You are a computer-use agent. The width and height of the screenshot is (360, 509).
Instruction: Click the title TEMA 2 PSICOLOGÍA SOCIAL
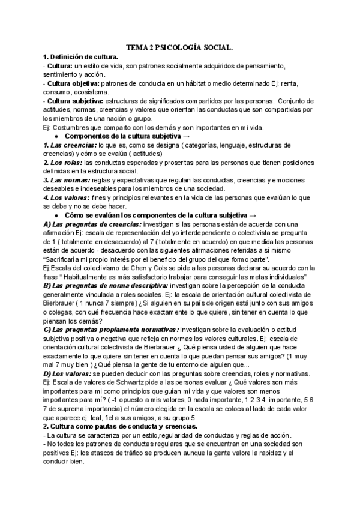(180, 46)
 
